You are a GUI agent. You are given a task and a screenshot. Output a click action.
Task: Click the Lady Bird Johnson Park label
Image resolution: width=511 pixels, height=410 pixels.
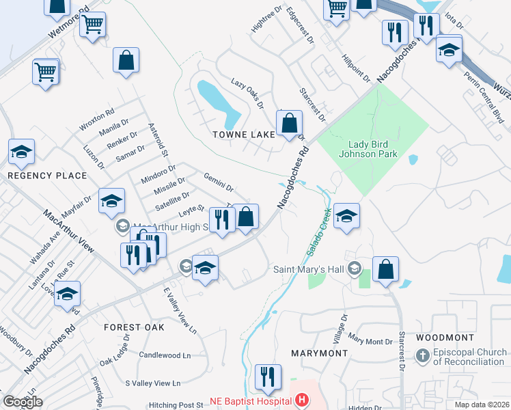[372, 149]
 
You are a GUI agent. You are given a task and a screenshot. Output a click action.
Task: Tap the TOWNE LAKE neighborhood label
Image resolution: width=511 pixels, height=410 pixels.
[243, 135]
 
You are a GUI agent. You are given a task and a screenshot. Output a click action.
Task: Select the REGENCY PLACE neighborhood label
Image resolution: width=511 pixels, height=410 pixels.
[47, 176]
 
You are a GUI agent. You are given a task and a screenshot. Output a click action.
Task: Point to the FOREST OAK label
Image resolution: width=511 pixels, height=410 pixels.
[134, 327]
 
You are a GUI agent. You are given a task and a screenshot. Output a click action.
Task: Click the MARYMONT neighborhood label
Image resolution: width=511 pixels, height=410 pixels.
[319, 353]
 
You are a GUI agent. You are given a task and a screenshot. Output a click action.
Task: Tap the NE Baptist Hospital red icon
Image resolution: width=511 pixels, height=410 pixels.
[301, 400]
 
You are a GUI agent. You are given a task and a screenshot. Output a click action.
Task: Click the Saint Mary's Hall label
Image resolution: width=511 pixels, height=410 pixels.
[309, 269]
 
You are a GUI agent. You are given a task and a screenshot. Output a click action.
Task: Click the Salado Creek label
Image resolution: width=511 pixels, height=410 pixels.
[318, 233]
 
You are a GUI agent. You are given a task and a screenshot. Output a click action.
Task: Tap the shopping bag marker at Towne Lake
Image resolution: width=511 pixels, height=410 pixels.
[290, 124]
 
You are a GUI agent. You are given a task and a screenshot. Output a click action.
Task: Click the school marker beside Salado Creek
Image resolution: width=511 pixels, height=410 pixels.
[347, 217]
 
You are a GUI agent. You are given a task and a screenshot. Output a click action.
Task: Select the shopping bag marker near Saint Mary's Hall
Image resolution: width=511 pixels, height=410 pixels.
[386, 269]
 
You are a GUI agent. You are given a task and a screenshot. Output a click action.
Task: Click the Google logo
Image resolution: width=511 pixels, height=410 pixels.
[23, 401]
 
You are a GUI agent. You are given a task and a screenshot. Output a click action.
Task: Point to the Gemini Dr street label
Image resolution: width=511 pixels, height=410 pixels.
[219, 182]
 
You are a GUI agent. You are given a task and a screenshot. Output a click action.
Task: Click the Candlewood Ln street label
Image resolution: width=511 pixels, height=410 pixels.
[165, 355]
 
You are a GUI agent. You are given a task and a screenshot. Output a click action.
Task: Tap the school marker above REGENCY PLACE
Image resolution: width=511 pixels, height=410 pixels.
[21, 153]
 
